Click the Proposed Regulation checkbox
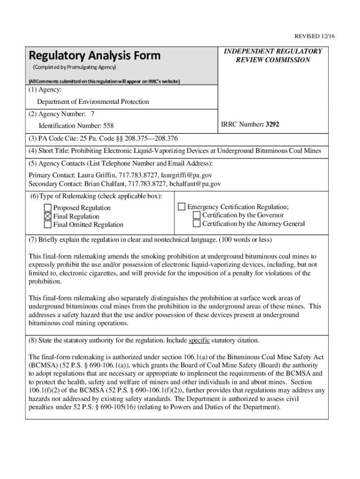pos(48,208)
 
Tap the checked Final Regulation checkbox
pos(48,216)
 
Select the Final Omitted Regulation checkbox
pos(48,225)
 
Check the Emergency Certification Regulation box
pos(182,207)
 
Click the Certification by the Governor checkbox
pos(197,215)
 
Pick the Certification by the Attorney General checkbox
pos(197,224)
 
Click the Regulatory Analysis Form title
pos(95,56)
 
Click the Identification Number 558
pos(76,126)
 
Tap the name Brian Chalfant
pos(102,184)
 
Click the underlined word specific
pos(199,340)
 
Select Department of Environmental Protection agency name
pos(93,102)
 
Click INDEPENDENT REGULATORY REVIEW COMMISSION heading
pos(273,56)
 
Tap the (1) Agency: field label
pos(45,89)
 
